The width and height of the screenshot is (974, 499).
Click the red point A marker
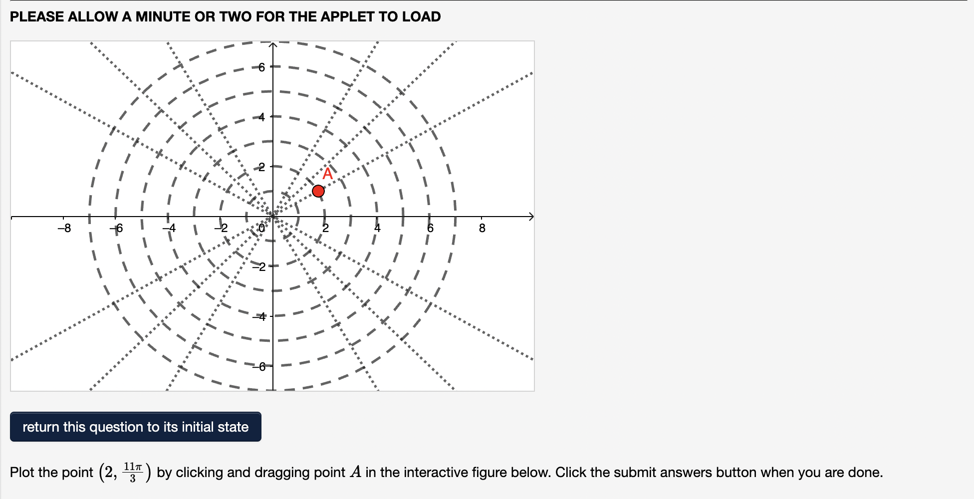pyautogui.click(x=318, y=191)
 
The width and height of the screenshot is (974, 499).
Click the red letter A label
pyautogui.click(x=327, y=174)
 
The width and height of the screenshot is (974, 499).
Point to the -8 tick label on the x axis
pyautogui.click(x=64, y=229)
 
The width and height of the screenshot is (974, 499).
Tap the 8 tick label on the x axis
pyautogui.click(x=482, y=229)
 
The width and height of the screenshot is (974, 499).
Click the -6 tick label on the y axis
pyautogui.click(x=260, y=367)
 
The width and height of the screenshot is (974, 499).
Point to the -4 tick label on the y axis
pyautogui.click(x=260, y=316)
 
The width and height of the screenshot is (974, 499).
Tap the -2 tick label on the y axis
pyautogui.click(x=260, y=266)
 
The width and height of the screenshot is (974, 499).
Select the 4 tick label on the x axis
pyautogui.click(x=377, y=229)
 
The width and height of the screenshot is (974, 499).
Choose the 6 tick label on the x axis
pyautogui.click(x=430, y=229)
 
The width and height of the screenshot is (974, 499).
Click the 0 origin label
pyautogui.click(x=262, y=229)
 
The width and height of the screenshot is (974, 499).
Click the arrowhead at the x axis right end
pyautogui.click(x=531, y=217)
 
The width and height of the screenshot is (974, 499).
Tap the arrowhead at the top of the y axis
pyautogui.click(x=273, y=45)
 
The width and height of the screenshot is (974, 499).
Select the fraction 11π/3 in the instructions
pyautogui.click(x=133, y=472)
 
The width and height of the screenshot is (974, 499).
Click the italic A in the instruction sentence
pyautogui.click(x=355, y=472)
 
